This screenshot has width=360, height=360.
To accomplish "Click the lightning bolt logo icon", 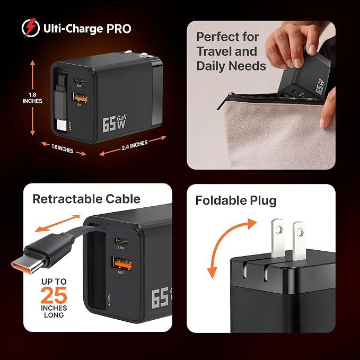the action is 31,28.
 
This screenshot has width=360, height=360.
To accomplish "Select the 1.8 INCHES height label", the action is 32,98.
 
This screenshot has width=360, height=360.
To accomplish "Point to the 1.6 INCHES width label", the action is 62,148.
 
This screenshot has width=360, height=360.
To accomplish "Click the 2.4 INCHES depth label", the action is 135,145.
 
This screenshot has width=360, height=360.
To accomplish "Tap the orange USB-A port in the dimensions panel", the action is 81,98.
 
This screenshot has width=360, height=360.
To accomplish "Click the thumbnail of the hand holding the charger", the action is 261,95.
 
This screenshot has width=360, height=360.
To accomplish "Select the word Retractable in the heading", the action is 65,199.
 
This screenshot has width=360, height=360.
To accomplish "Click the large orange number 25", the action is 54,295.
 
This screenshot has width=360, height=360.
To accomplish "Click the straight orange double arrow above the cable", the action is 57,223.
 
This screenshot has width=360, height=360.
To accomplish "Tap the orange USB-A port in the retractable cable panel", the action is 122,264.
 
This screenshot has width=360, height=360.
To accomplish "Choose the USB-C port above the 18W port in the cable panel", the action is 121,241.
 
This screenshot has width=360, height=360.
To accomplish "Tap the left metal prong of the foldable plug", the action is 278,238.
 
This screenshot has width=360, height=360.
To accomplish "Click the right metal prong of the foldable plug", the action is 298,241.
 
